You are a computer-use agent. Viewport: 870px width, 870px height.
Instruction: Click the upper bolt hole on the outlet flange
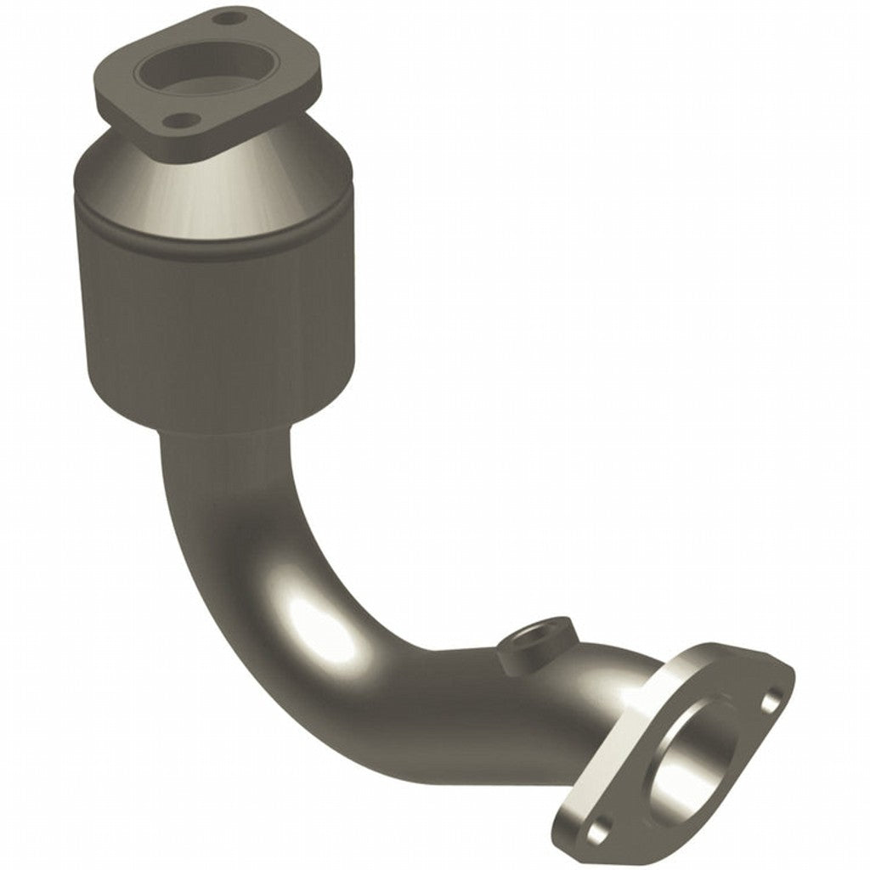click(x=771, y=701)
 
